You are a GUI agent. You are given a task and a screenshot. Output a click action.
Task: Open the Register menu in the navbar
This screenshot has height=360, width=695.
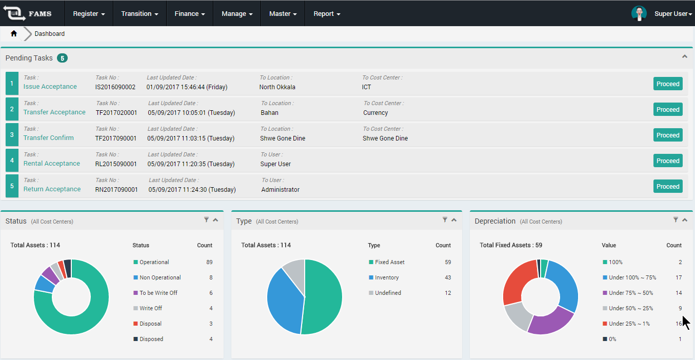click(89, 14)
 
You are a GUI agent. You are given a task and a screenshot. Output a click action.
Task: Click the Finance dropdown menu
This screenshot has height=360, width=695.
click(190, 14)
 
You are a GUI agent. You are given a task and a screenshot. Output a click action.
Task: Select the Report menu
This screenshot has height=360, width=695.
click(327, 14)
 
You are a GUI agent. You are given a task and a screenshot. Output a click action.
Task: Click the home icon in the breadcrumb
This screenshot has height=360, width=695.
click(14, 34)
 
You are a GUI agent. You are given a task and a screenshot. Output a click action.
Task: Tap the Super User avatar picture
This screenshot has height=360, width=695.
click(639, 13)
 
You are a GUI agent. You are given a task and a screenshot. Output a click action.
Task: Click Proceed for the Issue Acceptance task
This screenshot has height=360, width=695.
click(668, 84)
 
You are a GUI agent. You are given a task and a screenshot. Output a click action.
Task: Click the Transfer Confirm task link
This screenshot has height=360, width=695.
click(49, 138)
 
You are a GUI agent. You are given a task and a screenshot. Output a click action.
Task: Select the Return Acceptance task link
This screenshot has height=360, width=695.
click(52, 189)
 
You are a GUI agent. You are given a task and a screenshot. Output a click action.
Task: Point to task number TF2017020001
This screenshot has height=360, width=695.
click(116, 113)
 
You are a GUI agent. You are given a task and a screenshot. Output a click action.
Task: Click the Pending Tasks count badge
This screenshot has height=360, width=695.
click(62, 58)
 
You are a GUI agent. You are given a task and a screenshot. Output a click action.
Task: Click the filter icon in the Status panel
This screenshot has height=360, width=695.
click(206, 220)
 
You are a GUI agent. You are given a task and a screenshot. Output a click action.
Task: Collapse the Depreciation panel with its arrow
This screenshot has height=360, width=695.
click(685, 220)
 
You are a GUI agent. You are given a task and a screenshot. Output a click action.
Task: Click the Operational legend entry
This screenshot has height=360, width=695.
click(154, 262)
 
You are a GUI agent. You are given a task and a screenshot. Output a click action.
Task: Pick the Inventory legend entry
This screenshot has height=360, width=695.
click(387, 277)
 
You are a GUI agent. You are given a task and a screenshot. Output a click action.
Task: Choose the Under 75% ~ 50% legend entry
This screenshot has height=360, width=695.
click(631, 293)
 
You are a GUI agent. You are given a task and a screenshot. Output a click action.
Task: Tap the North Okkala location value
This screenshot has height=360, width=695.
click(277, 87)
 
